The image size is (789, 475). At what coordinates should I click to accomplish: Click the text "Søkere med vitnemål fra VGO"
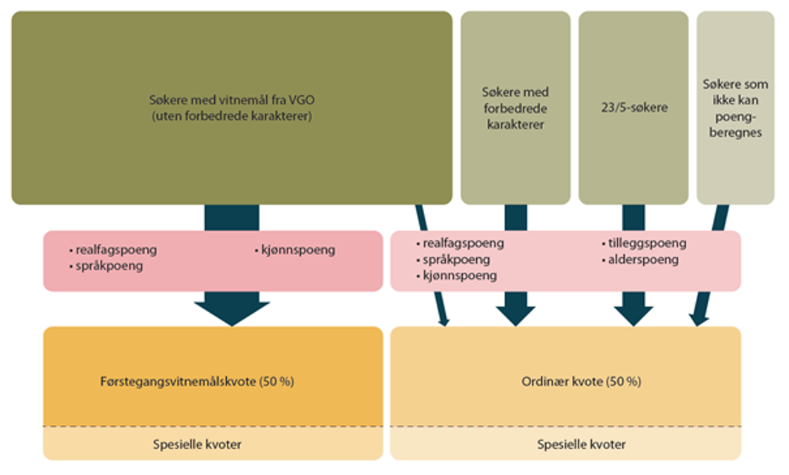231,100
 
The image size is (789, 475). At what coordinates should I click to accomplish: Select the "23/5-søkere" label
633,109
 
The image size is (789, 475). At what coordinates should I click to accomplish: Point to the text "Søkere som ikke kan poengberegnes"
735,109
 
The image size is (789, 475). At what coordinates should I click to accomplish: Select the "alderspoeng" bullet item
642,259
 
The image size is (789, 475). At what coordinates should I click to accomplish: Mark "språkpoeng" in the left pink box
109,266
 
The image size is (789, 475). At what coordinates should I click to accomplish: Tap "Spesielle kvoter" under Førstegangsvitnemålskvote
197,445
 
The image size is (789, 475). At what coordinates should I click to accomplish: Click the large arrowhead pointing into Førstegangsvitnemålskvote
232,311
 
